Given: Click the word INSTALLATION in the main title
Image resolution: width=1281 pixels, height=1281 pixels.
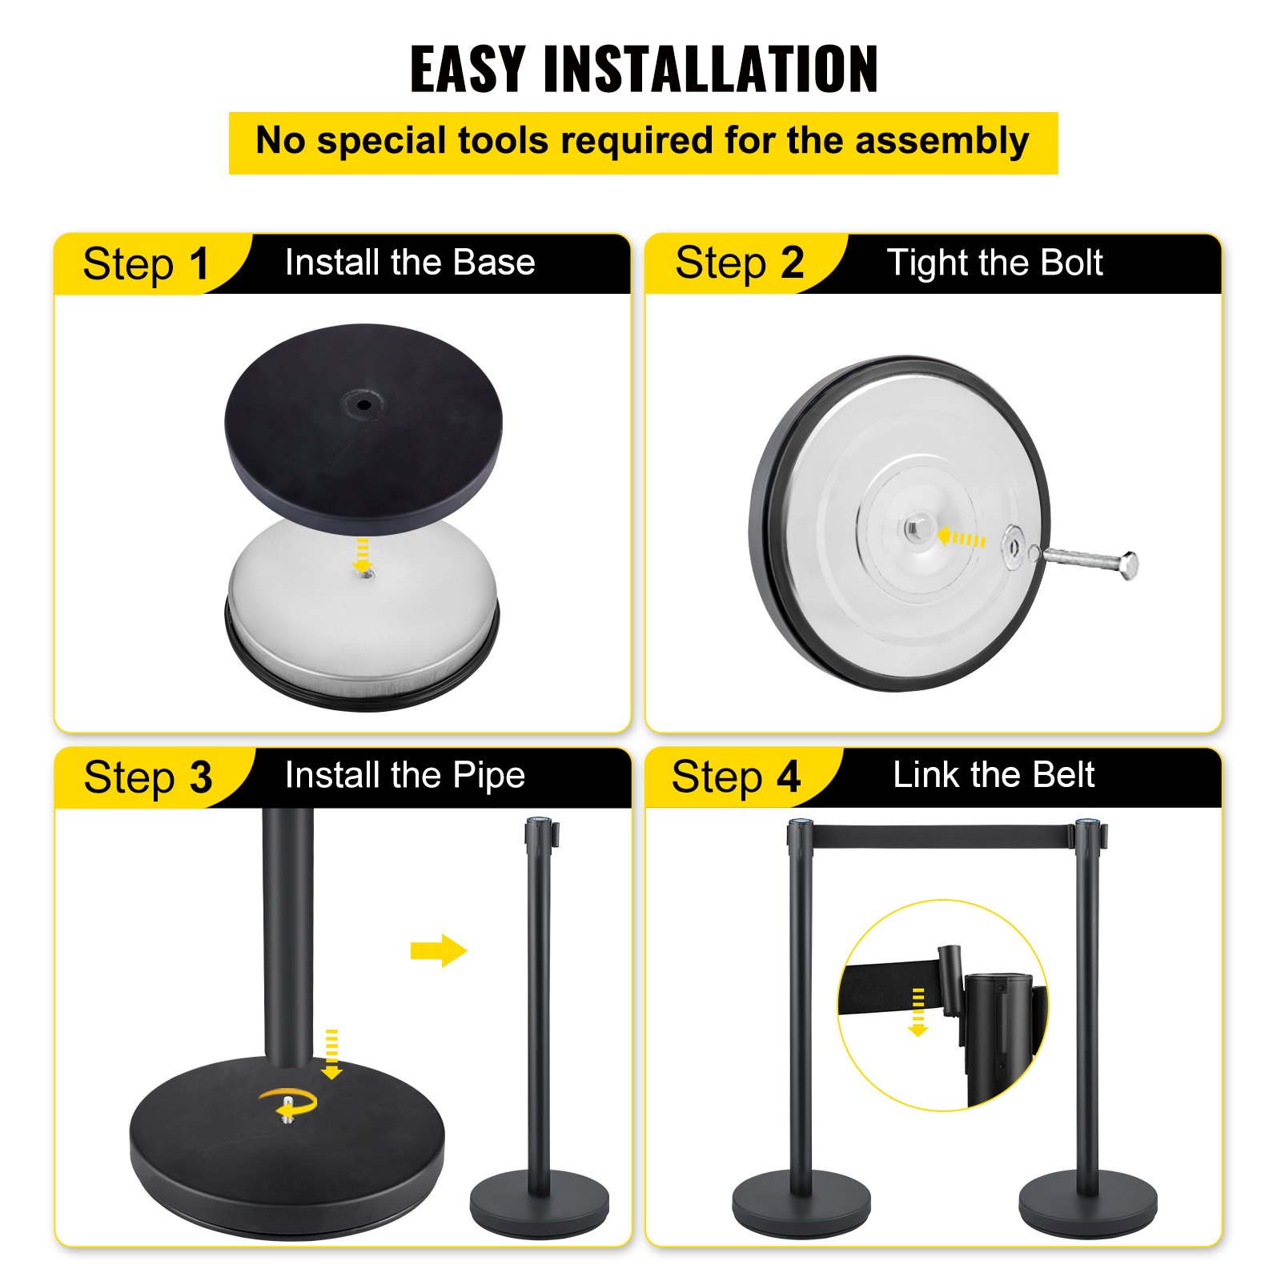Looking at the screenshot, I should pyautogui.click(x=710, y=70).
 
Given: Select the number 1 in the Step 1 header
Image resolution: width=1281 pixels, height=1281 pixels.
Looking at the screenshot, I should pyautogui.click(x=199, y=264).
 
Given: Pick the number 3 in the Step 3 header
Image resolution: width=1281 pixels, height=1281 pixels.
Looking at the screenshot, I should pyautogui.click(x=201, y=777).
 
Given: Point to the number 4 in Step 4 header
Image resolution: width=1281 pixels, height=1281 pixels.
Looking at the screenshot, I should pyautogui.click(x=789, y=777).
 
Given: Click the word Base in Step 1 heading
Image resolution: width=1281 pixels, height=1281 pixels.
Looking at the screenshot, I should pyautogui.click(x=493, y=263).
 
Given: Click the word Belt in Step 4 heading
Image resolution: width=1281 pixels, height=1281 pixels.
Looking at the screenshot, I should pyautogui.click(x=1063, y=775).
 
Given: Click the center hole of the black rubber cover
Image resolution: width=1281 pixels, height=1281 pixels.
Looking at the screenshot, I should pyautogui.click(x=363, y=404).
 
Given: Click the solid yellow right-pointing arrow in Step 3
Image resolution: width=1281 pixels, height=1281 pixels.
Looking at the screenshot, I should pyautogui.click(x=438, y=950).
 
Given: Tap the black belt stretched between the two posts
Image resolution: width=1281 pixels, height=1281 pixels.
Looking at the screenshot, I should pyautogui.click(x=943, y=837).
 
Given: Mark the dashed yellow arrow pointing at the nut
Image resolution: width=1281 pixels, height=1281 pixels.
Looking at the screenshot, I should pyautogui.click(x=962, y=538).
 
